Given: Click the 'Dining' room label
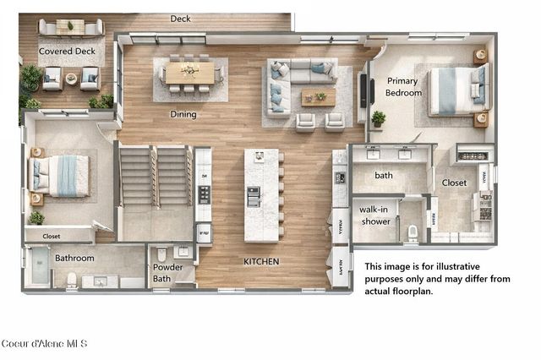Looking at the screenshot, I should point(183,114).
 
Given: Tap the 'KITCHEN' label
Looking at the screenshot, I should point(261,261).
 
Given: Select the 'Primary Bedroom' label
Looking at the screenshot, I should point(403,87).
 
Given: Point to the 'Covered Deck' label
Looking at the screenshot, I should point(67,51).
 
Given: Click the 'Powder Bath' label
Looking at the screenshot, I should point(167,273).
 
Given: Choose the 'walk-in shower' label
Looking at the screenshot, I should point(374,215).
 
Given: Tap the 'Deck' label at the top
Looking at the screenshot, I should point(180,19).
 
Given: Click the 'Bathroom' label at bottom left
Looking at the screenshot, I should point(74,257).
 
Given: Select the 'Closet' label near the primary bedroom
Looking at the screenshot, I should point(454,183).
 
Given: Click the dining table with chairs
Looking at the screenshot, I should point(189,74).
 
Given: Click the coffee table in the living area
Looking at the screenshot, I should point(318,96).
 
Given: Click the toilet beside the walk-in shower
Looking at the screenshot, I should point(413,232).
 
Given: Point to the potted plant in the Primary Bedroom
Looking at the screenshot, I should point(378,118).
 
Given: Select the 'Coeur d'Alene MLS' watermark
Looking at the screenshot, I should point(44,343).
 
